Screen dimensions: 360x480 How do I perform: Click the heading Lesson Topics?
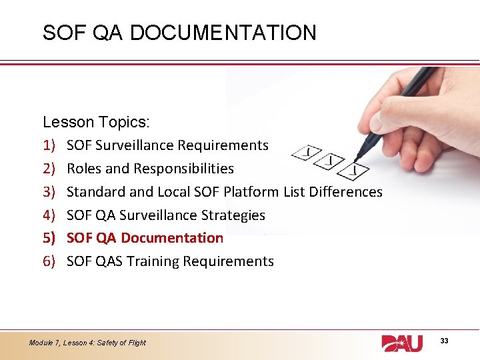96,122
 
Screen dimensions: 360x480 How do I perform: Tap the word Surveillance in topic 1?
134,145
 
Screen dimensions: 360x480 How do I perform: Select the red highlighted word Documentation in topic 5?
173,238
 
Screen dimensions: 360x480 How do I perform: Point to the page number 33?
444,341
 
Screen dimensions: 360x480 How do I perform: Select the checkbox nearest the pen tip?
357,171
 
